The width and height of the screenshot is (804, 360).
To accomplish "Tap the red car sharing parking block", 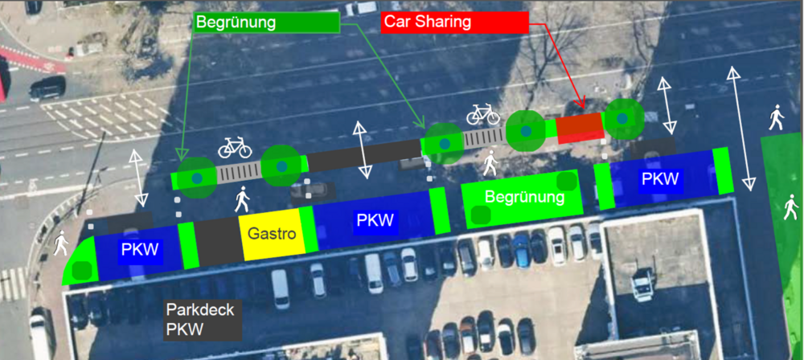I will pos(579,127).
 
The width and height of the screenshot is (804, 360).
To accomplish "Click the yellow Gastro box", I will pos(271,236).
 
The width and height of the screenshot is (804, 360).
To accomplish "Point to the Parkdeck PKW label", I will pos(201,319).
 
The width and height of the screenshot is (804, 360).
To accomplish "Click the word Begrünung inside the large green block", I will pos(523,196).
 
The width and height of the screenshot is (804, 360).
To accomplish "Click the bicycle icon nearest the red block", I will pos(482,114).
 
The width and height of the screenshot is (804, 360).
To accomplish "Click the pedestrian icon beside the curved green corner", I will pos(60,242).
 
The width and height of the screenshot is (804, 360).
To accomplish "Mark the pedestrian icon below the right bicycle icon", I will pos(490,163).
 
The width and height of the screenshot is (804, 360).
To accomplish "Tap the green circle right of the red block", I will pos(623,120).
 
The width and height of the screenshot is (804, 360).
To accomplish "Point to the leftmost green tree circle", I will pos(196,177).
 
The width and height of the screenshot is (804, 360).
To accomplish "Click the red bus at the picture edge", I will pos(3,80).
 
